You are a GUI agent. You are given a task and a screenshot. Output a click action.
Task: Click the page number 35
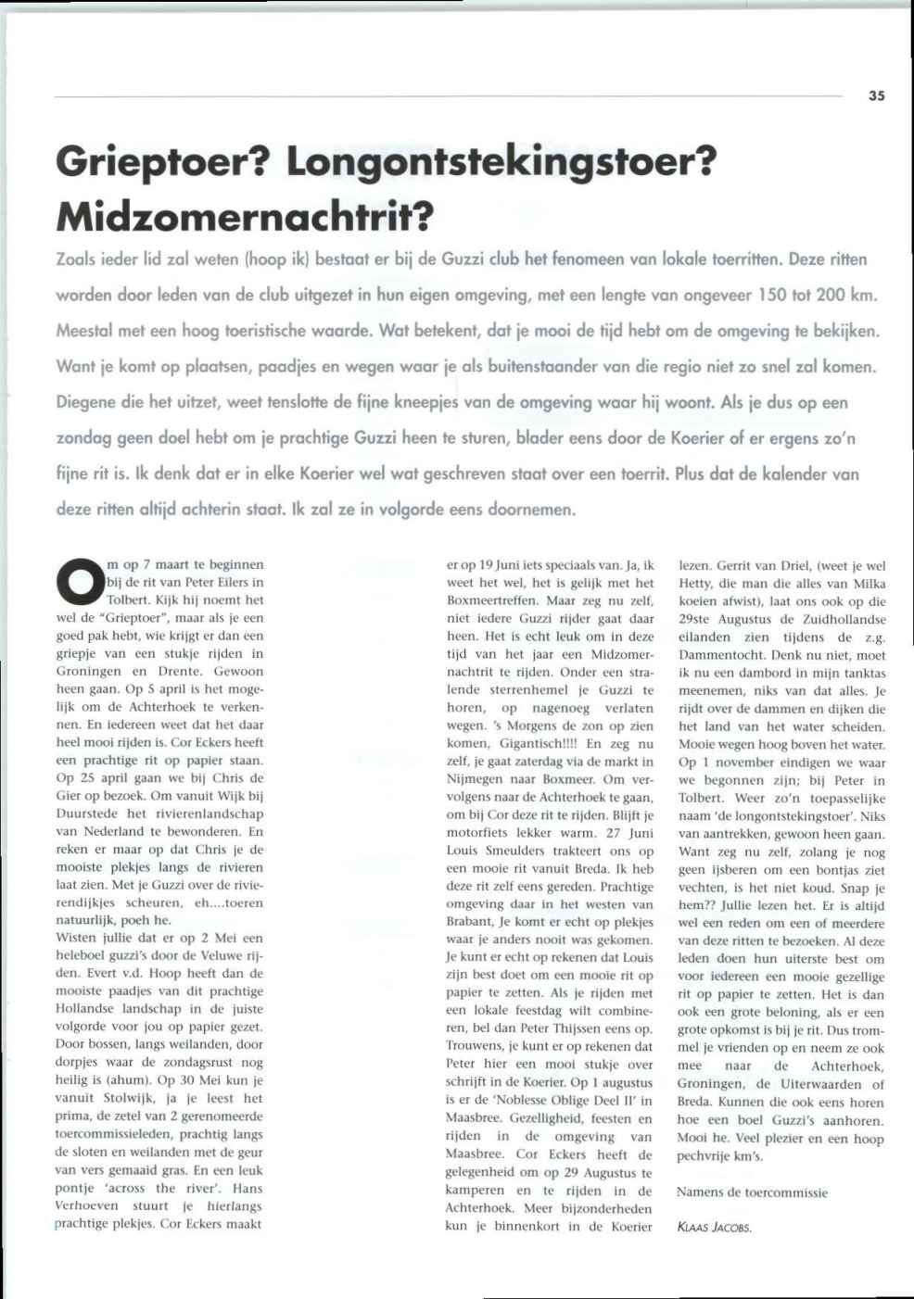(877, 95)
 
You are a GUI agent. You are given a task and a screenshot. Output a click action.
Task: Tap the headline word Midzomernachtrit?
(246, 216)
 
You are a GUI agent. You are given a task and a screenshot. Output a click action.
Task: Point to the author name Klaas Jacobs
(714, 1228)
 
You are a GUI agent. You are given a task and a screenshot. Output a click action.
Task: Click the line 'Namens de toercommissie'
(752, 1192)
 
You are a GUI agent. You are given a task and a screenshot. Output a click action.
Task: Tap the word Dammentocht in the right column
(719, 655)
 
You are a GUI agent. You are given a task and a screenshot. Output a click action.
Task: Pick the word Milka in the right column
(867, 584)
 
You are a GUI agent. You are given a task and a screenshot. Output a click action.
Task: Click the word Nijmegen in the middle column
(474, 779)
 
